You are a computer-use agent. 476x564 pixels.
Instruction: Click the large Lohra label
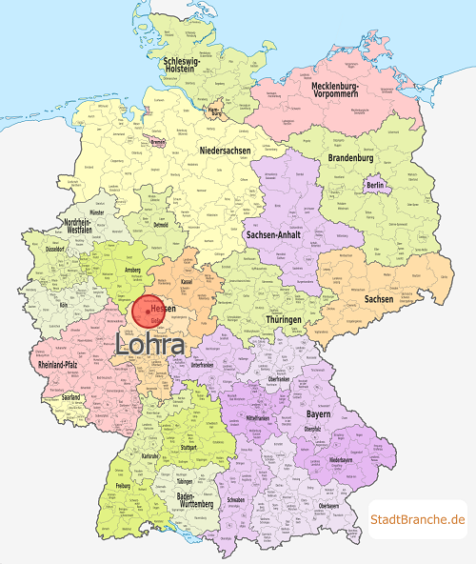150,346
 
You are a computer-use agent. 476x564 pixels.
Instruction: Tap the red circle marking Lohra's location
149,312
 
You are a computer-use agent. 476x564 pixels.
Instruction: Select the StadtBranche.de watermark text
418,518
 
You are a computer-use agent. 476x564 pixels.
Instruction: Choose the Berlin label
374,185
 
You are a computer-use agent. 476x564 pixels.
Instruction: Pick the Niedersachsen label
227,151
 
